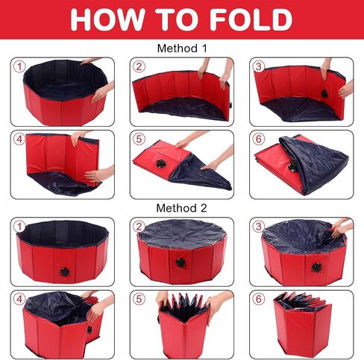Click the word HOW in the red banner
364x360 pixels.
coord(107,19)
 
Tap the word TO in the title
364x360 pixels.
coord(180,19)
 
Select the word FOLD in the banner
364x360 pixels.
coord(251,19)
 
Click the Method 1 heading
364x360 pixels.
coord(182,48)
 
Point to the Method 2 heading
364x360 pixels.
coord(181,208)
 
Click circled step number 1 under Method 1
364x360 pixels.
coord(19,66)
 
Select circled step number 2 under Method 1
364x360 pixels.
coord(139,66)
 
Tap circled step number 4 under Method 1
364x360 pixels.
coord(19,139)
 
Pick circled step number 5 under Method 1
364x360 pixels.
coord(139,139)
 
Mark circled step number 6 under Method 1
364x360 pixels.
coord(259,139)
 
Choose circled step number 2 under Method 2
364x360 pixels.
coord(139,227)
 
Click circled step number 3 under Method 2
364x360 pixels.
coord(259,227)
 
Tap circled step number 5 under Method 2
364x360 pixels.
coord(139,299)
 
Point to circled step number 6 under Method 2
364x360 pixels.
coord(259,299)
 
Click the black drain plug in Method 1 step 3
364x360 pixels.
coord(324,94)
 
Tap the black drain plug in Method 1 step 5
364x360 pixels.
coord(161,163)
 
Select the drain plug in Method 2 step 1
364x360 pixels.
coord(65,272)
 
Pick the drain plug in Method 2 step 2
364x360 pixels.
coord(181,262)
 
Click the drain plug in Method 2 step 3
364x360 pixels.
coord(316,268)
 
